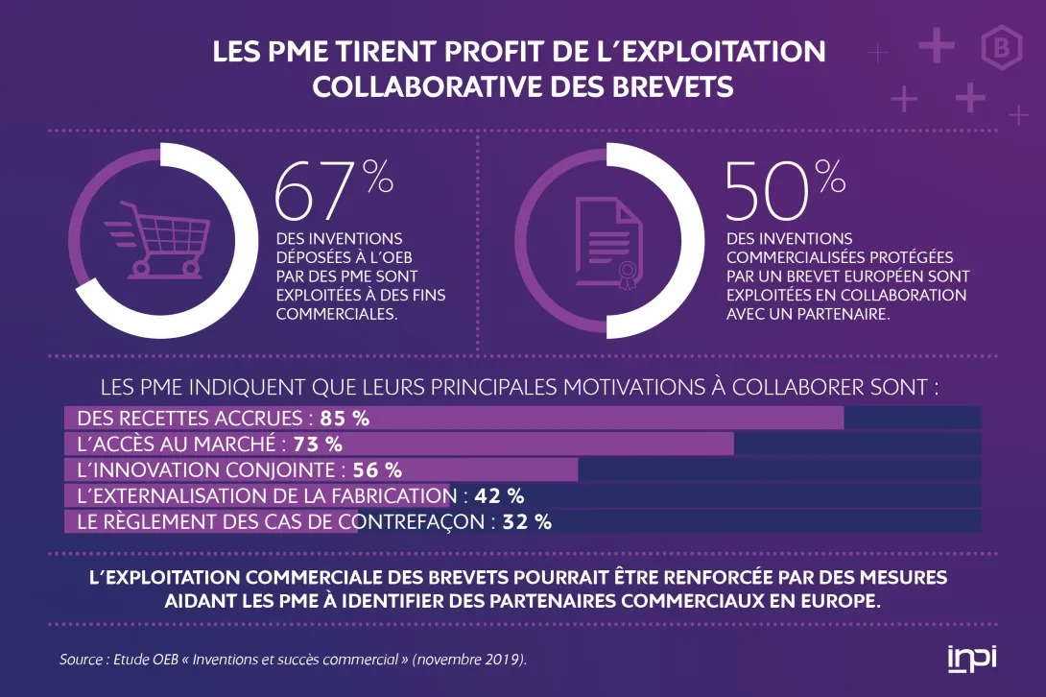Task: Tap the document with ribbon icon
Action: point(607,240)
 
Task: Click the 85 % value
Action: point(345,419)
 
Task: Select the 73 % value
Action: point(318,445)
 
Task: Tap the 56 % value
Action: point(377,470)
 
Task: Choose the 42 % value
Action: point(499,496)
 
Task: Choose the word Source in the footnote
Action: point(79,660)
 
